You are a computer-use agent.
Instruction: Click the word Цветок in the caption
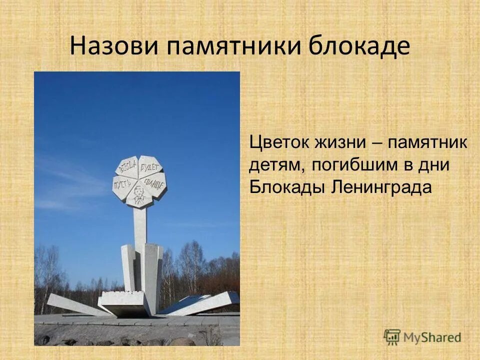279,142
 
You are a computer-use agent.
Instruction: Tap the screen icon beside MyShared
392,336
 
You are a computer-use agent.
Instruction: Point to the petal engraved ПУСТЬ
122,185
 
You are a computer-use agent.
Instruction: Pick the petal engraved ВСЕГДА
128,166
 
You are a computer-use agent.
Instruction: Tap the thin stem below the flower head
139,225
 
